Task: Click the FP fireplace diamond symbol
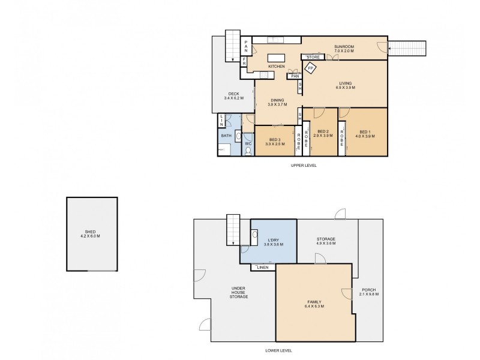click(311, 68)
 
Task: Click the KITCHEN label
click(276, 65)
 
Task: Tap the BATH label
click(226, 136)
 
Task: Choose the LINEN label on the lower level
click(263, 268)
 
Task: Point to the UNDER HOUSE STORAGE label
click(239, 293)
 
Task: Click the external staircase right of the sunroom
click(408, 47)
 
